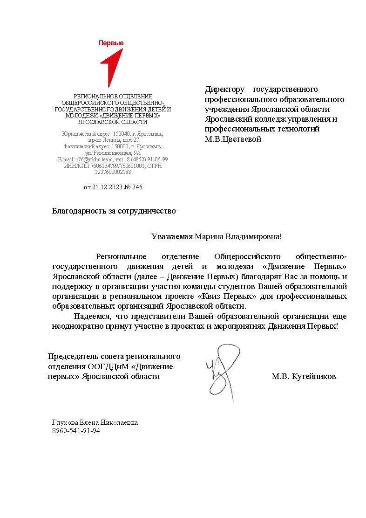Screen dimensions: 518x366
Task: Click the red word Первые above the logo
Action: tap(111, 43)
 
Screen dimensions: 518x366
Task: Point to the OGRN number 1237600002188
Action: tap(113, 172)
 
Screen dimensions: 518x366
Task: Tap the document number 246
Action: tap(137, 187)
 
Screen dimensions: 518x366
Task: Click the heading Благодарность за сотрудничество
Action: tap(114, 211)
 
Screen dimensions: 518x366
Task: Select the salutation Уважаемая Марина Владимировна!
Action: tap(217, 236)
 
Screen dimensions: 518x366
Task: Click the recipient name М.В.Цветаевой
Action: tap(233, 138)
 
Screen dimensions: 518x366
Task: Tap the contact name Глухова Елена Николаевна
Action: tap(95, 422)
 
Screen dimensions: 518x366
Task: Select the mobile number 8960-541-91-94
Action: tap(76, 431)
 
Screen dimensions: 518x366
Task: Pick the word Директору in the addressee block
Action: tap(224, 89)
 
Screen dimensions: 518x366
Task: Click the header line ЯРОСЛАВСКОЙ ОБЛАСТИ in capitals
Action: tap(113, 122)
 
